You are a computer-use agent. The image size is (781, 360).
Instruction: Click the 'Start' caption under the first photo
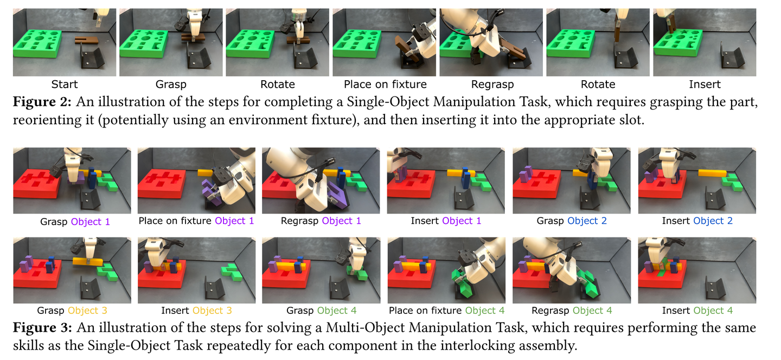[64, 85]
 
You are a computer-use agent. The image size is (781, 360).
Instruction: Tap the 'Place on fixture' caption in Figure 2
[385, 85]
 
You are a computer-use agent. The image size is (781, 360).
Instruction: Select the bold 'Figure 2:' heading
[42, 102]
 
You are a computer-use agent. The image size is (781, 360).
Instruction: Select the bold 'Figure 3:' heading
[42, 327]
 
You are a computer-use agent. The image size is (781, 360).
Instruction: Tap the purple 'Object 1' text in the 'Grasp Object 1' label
[90, 222]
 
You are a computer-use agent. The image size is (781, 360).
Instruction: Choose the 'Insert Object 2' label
[697, 221]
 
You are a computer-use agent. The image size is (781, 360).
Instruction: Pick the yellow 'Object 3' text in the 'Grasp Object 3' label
[87, 311]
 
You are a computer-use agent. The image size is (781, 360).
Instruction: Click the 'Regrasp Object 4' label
[572, 311]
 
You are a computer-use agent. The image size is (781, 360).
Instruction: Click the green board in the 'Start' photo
[37, 43]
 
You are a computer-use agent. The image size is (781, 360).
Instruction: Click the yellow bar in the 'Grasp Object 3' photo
[88, 262]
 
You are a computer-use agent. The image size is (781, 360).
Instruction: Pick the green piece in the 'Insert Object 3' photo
[232, 272]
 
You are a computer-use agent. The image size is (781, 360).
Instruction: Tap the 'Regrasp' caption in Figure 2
[492, 85]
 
